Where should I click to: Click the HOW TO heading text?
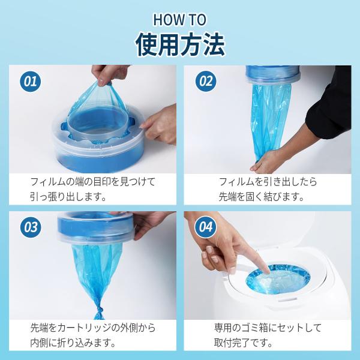(179, 20)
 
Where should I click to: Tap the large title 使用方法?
(180, 44)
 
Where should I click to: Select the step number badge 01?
(31, 81)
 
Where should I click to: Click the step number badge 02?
(206, 81)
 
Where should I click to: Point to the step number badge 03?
(31, 227)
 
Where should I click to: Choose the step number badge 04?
(205, 227)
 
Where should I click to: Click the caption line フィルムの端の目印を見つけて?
(93, 182)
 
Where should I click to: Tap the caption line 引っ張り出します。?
(68, 197)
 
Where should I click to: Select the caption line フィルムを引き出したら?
(268, 182)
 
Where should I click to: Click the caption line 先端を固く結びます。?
(261, 197)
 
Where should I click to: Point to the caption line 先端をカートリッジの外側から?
(93, 328)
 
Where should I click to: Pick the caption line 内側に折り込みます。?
(73, 343)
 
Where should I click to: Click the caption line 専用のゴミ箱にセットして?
(268, 328)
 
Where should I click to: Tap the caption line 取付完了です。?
(244, 343)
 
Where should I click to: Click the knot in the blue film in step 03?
(100, 312)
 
